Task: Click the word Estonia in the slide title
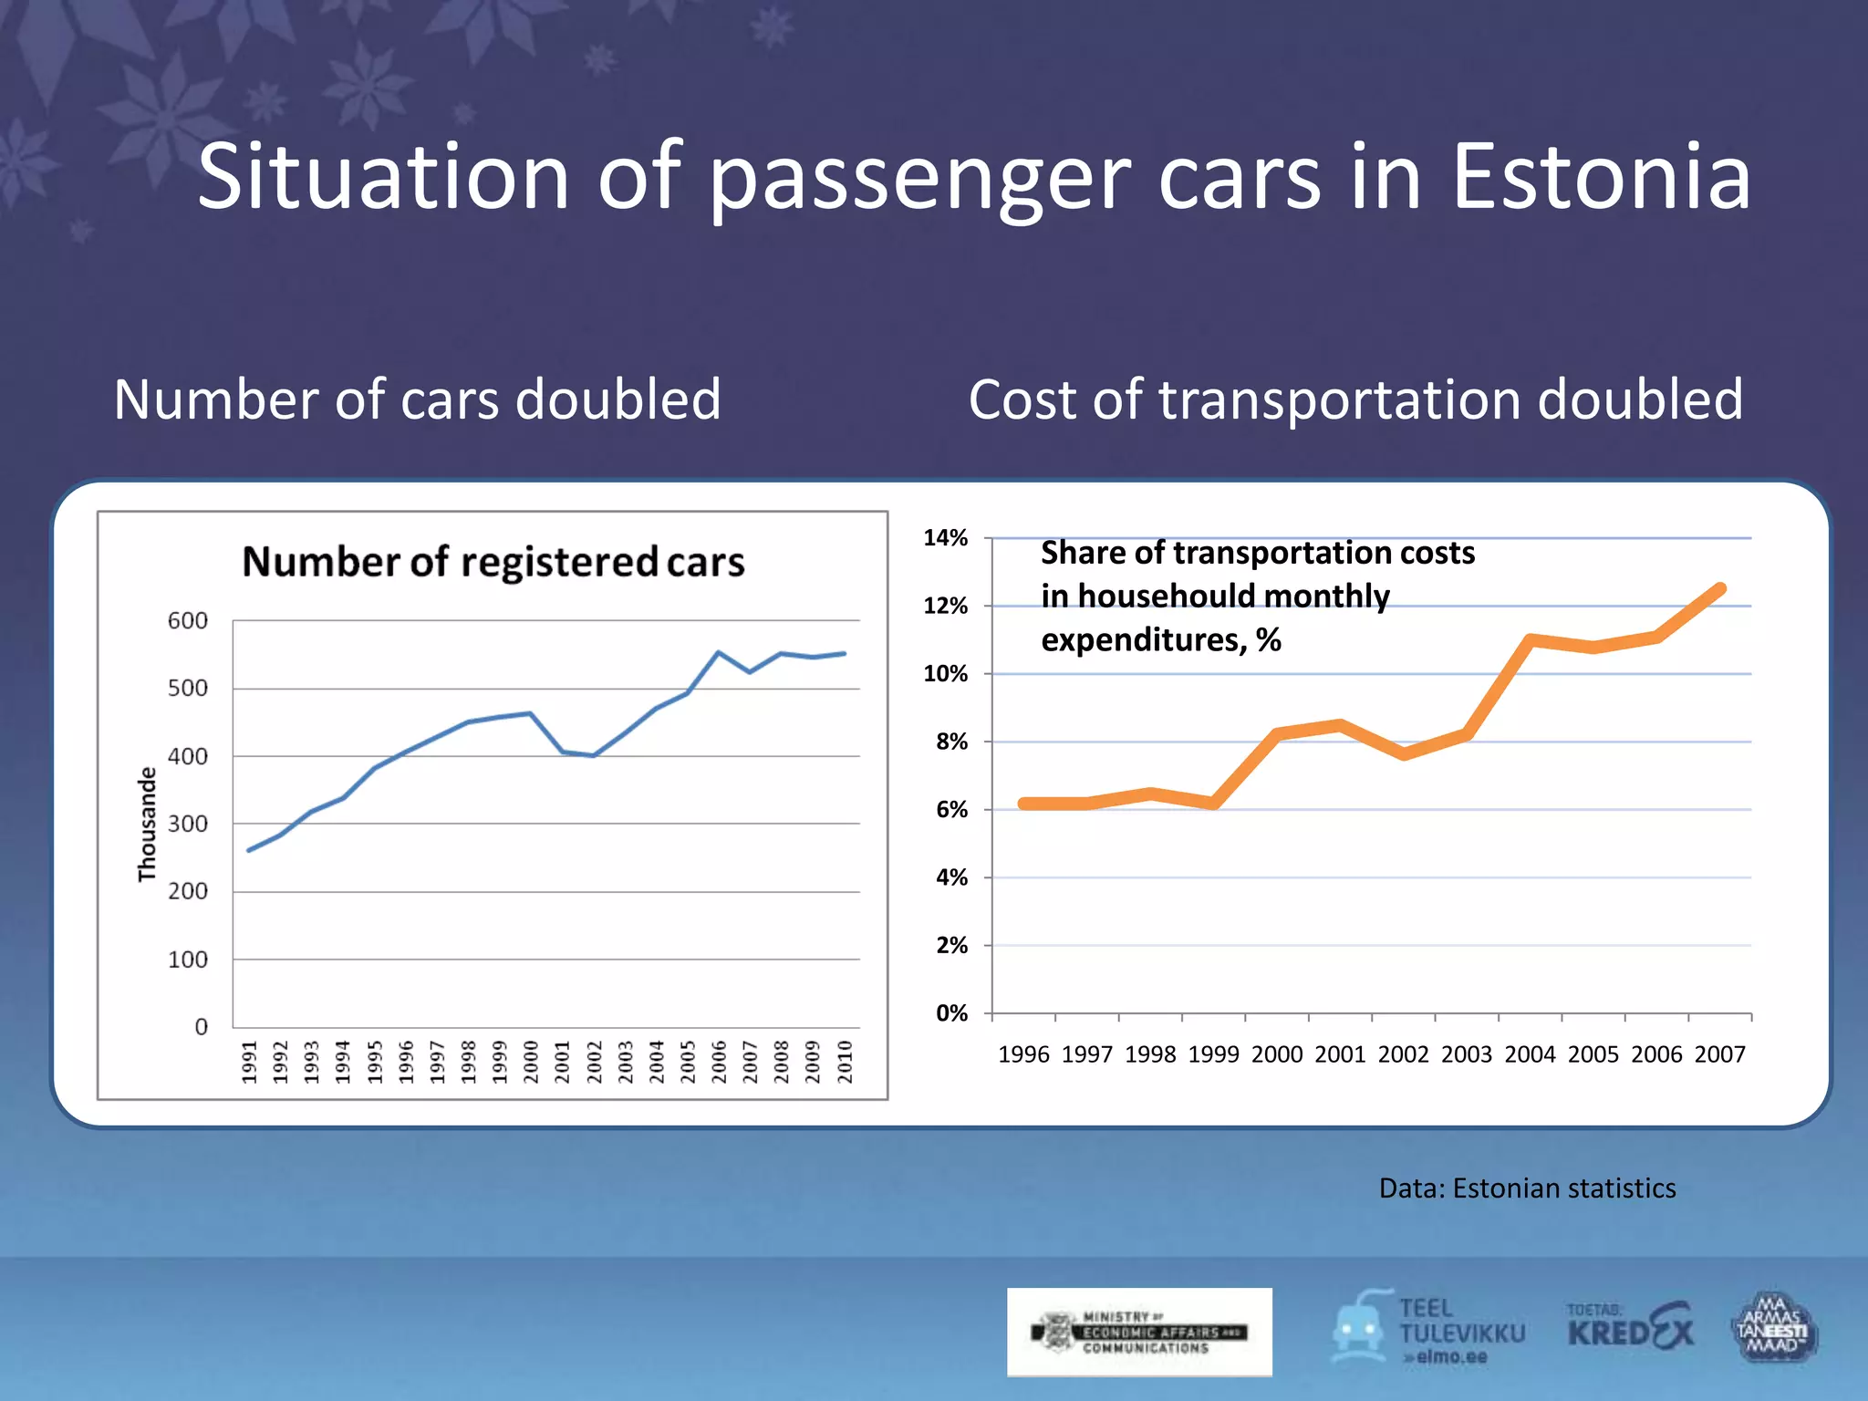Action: point(1601,177)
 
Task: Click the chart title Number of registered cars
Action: point(493,562)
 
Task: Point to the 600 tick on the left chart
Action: point(187,621)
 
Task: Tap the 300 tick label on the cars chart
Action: point(187,825)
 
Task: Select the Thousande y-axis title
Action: point(147,825)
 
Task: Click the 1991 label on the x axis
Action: point(250,1063)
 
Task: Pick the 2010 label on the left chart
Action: point(845,1063)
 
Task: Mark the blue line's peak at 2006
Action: point(719,652)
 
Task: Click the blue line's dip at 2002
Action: point(594,755)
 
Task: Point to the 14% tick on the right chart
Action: point(945,538)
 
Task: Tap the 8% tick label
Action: point(950,742)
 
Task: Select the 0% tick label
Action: point(950,1013)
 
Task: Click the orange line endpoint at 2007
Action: point(1720,589)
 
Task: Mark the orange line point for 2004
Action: point(1531,640)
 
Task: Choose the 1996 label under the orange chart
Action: point(1023,1055)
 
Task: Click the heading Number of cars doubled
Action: point(418,400)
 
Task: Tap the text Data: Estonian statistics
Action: point(1527,1188)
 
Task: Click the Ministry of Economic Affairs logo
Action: point(1139,1333)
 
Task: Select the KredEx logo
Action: point(1630,1331)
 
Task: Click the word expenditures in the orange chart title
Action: point(1143,640)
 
